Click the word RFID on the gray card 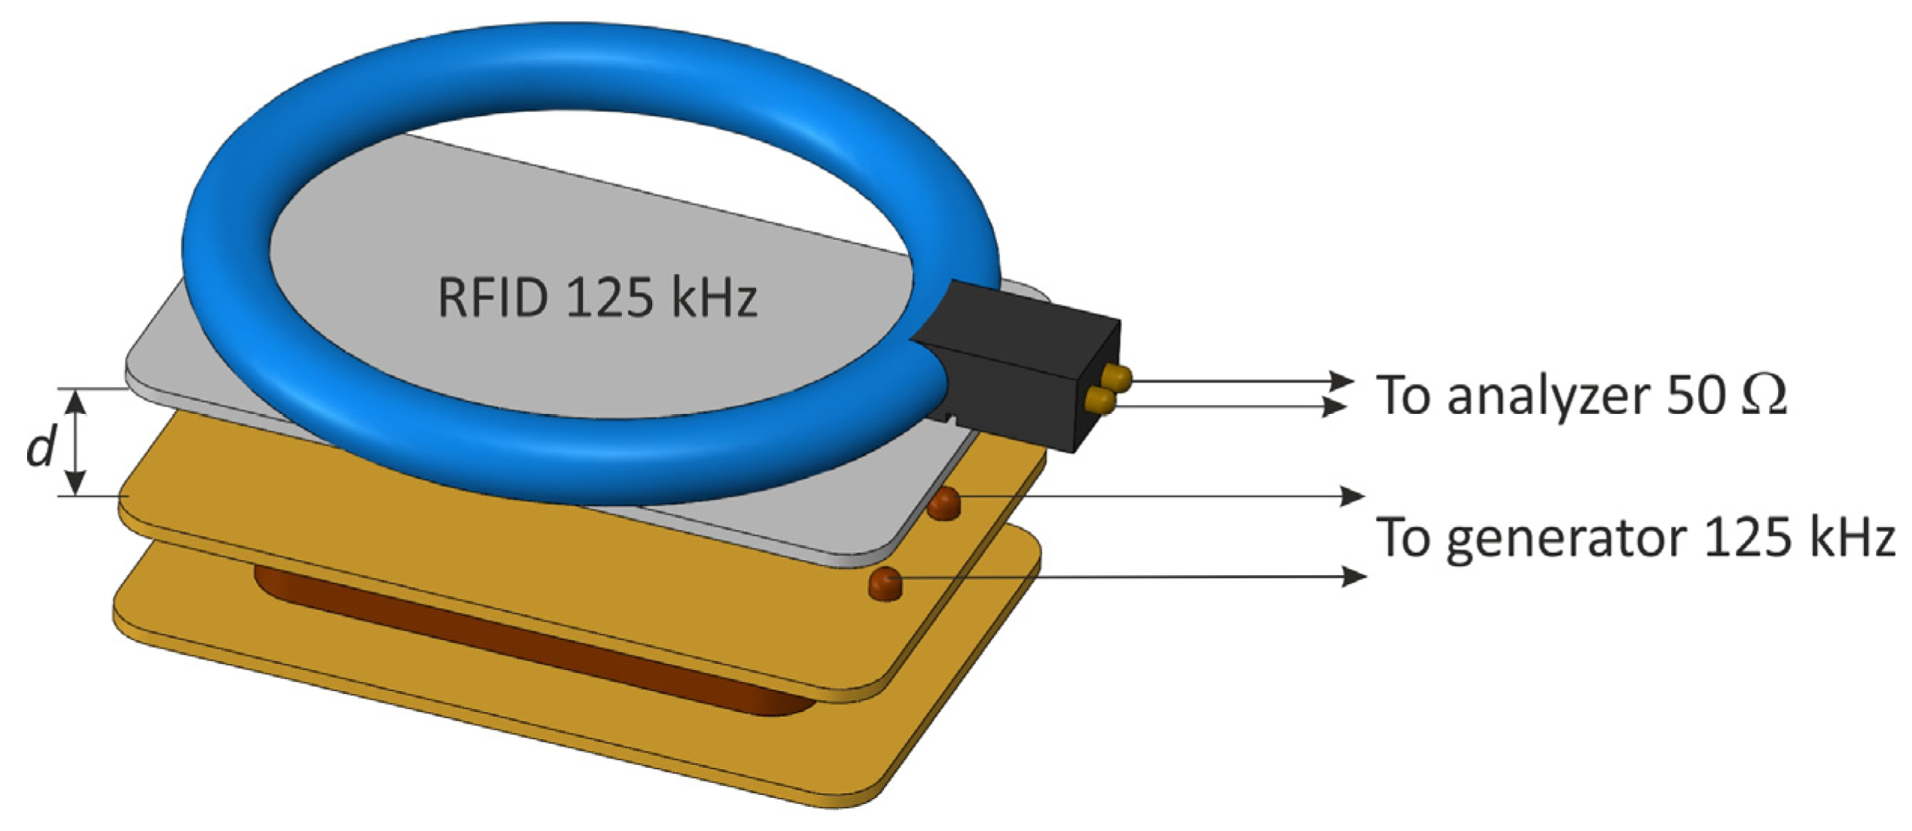(492, 298)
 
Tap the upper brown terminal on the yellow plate (944, 502)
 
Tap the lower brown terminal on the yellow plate (886, 583)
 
